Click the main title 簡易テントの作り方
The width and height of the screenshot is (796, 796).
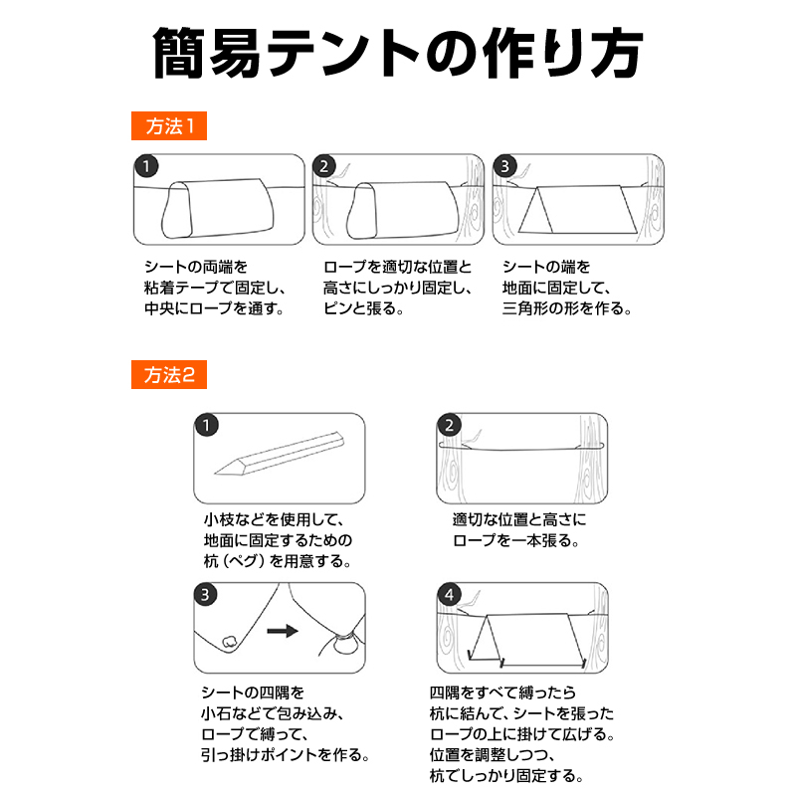click(x=398, y=53)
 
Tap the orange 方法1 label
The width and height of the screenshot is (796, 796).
click(x=169, y=126)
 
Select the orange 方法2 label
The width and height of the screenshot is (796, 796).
click(x=169, y=375)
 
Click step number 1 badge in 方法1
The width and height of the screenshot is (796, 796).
click(x=146, y=166)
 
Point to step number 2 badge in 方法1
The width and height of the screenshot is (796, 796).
click(x=324, y=166)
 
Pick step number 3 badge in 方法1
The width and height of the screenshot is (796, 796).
click(x=504, y=166)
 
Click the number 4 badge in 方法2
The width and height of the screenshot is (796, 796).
click(x=450, y=594)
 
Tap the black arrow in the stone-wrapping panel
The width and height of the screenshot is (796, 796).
click(x=283, y=631)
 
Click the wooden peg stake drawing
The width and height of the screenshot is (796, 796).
click(x=280, y=454)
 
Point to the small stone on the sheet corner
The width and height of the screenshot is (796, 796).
click(x=230, y=642)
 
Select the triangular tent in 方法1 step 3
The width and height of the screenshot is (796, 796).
click(x=578, y=209)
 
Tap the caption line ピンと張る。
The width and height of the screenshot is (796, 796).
click(x=363, y=308)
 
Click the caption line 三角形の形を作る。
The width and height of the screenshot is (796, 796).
click(x=566, y=308)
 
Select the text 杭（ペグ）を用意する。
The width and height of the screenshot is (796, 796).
click(x=278, y=561)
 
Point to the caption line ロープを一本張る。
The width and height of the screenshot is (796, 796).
click(x=515, y=540)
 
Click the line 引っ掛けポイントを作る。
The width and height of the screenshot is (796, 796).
click(x=285, y=755)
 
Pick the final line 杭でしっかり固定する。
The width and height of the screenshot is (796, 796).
click(x=506, y=776)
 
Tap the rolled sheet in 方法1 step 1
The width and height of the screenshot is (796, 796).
click(x=218, y=209)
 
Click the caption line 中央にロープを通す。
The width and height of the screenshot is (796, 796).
click(x=214, y=308)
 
